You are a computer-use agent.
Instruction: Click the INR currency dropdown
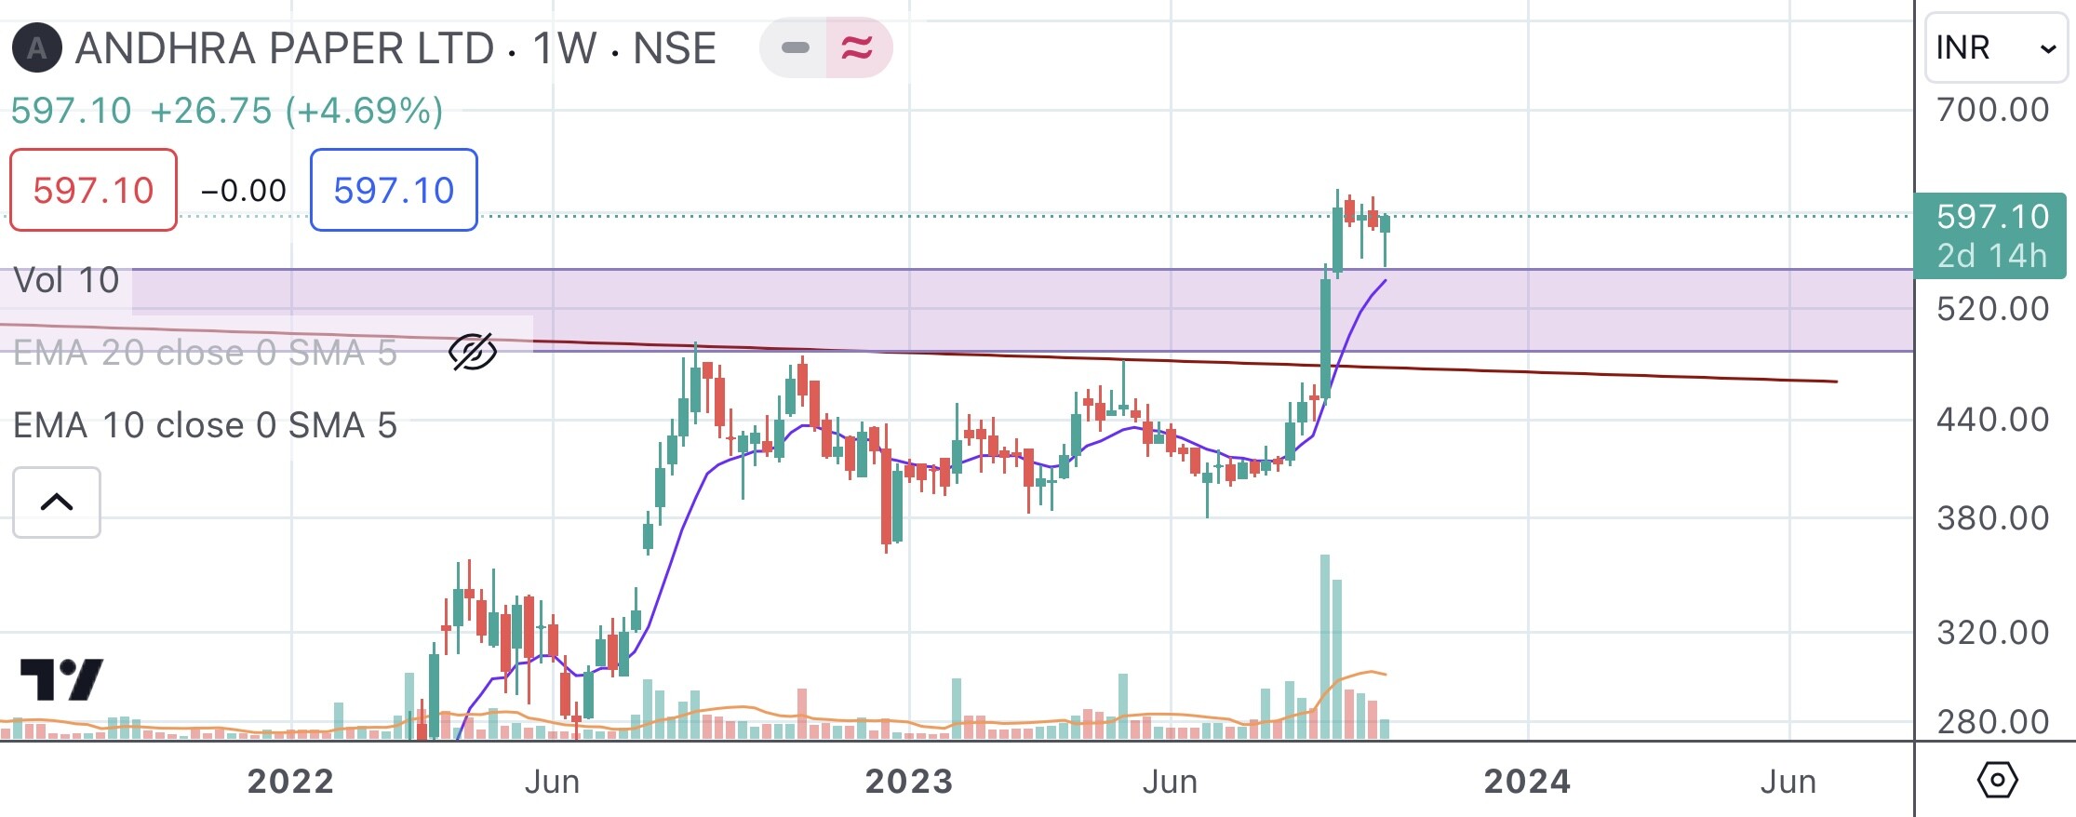click(x=1995, y=47)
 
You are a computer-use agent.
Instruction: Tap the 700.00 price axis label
click(x=1992, y=110)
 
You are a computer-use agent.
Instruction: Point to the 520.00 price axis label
click(x=1992, y=309)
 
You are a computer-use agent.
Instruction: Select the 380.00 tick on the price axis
click(x=1992, y=518)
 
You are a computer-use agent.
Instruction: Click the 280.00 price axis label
click(x=1992, y=722)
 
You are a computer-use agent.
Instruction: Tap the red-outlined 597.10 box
click(x=93, y=190)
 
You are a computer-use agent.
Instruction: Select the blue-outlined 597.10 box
click(x=394, y=190)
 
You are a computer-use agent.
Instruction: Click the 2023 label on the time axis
click(x=909, y=782)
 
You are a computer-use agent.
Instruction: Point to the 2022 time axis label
click(x=290, y=782)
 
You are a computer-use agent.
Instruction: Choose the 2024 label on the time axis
click(x=1527, y=782)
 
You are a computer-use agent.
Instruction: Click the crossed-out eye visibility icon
click(x=473, y=353)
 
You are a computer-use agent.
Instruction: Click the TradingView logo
click(x=61, y=680)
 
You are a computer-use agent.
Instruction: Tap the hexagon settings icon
click(x=1997, y=780)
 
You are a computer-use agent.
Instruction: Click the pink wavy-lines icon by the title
click(x=857, y=47)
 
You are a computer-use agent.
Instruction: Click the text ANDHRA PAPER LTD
click(x=285, y=48)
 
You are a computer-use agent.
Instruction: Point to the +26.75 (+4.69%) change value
click(x=296, y=111)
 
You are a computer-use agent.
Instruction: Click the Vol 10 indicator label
click(x=67, y=280)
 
